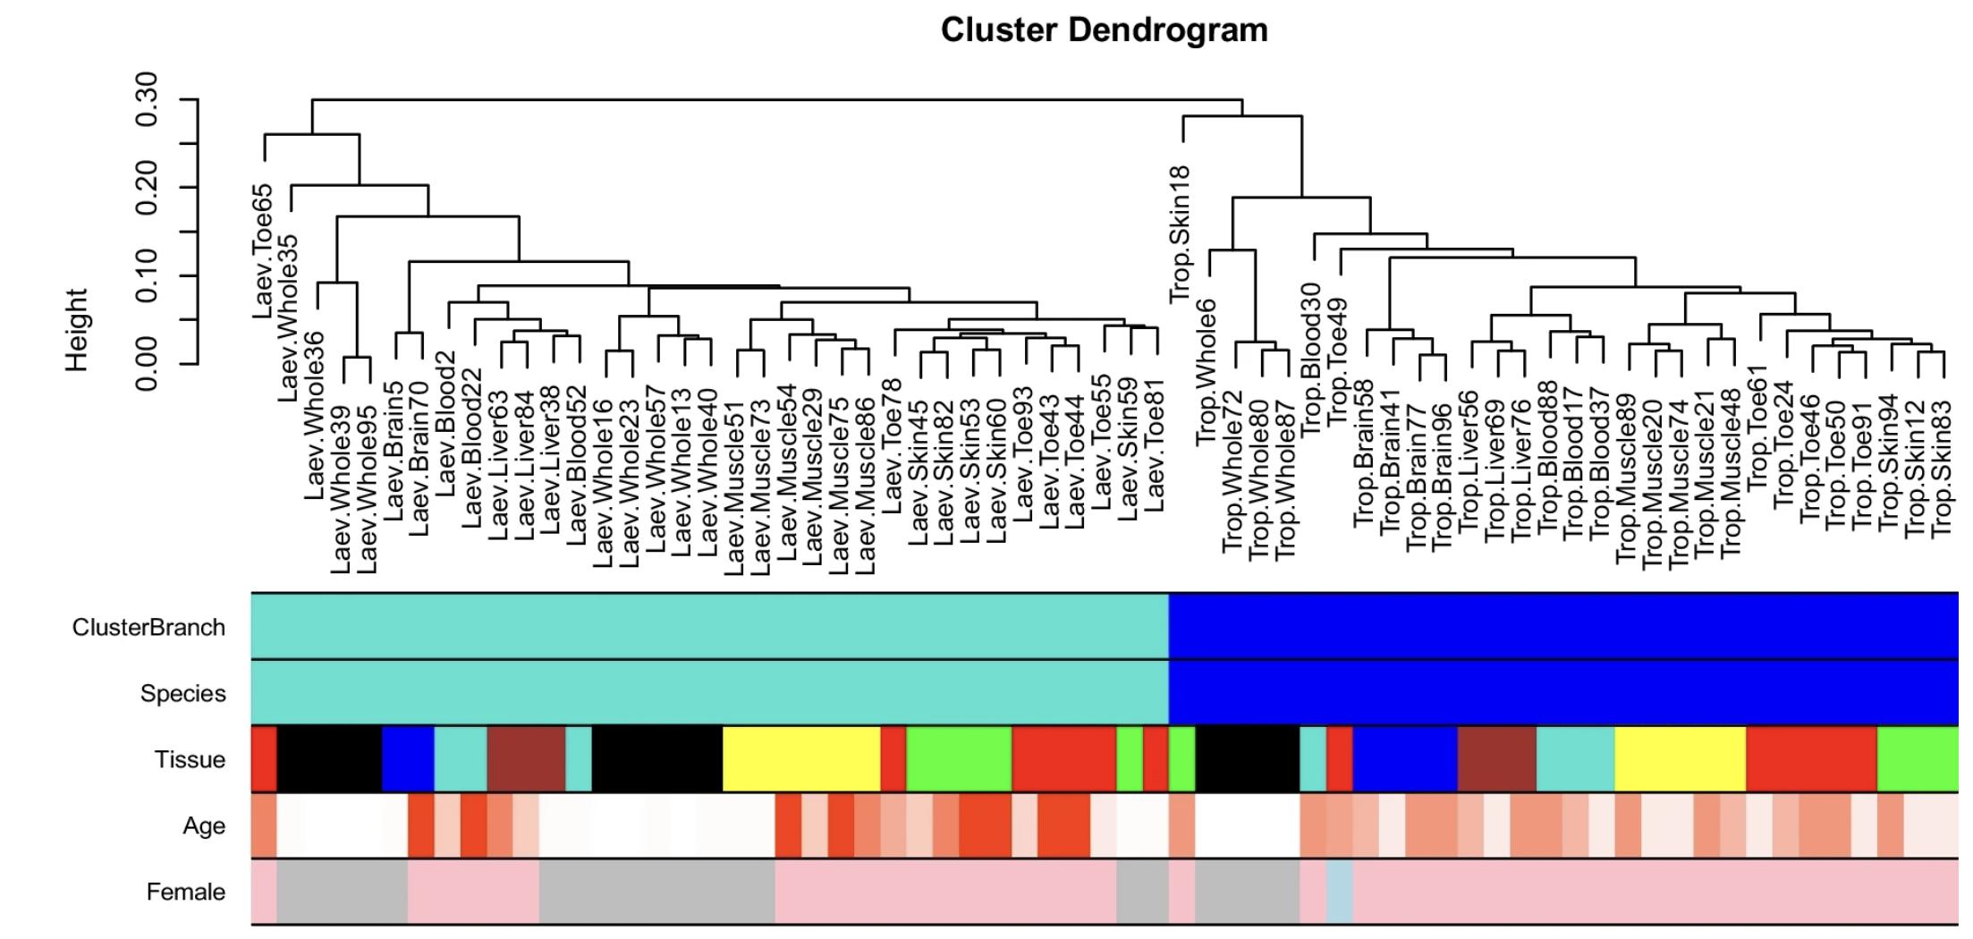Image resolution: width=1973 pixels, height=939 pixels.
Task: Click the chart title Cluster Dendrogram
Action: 1104,30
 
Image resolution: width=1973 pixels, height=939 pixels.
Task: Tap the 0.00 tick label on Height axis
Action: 147,364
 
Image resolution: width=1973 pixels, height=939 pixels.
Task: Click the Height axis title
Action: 77,329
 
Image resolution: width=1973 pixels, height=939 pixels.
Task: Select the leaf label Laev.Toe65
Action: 263,252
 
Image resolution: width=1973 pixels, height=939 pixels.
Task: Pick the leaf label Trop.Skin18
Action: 1181,234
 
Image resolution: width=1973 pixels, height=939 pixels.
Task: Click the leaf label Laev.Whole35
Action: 289,317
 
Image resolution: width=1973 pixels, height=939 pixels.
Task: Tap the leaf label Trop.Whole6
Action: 1207,372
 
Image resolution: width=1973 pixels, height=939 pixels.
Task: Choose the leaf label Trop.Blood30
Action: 1312,359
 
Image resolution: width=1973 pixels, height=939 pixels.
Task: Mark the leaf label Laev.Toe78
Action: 893,446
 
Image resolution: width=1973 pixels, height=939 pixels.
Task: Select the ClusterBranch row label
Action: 148,628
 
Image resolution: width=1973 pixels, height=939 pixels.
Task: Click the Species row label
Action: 182,694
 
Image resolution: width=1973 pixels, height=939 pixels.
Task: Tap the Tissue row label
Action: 190,760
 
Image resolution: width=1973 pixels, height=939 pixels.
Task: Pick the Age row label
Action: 204,826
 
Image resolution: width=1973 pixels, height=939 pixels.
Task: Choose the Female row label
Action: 186,892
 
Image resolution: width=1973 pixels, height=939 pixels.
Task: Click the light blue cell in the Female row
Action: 1339,892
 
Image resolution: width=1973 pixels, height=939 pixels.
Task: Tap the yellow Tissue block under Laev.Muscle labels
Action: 800,759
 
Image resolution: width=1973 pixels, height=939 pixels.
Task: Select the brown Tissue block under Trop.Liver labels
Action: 1496,759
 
